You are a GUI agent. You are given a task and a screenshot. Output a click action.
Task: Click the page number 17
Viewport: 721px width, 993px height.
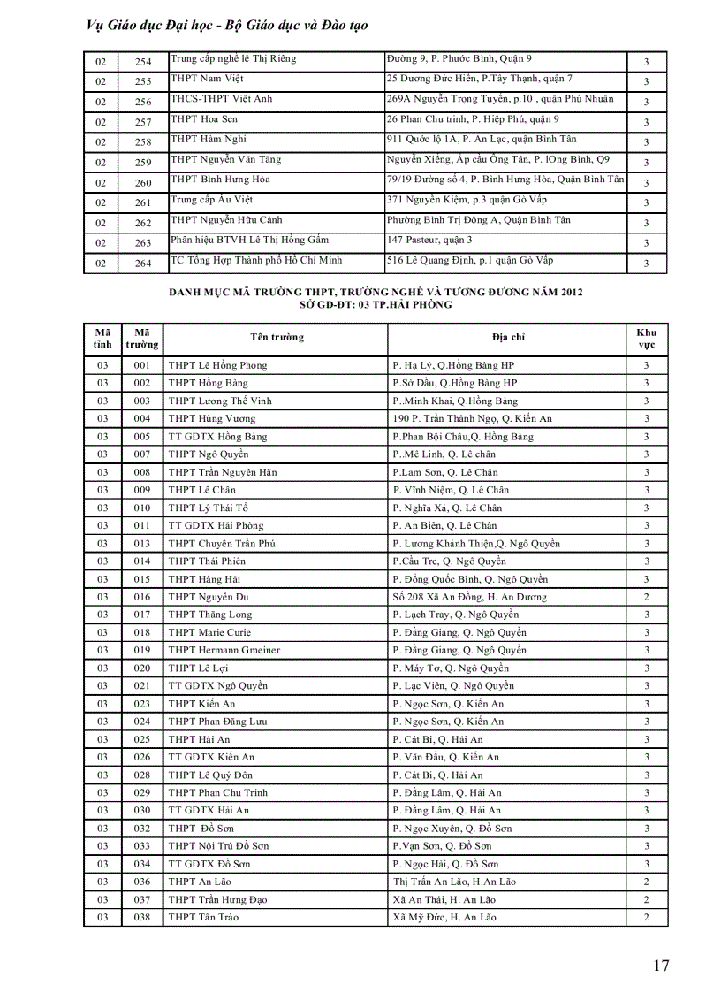coord(661,965)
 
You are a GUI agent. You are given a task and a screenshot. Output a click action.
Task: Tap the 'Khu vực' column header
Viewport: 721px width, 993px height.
coord(647,338)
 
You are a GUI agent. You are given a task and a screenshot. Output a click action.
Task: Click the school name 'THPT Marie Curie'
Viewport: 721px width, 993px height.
coord(209,632)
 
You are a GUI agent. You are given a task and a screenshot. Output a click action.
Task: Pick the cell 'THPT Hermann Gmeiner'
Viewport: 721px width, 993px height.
coord(224,650)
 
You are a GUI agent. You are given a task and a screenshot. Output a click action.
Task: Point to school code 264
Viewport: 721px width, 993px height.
coord(143,264)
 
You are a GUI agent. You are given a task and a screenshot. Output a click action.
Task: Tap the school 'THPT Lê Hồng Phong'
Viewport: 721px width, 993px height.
coord(217,365)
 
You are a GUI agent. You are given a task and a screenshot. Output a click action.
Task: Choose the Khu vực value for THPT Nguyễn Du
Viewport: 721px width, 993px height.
coord(647,597)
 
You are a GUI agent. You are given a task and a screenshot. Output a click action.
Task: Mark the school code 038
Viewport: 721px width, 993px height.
coord(142,917)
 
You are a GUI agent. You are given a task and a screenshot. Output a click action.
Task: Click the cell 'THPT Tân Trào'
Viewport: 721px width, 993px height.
coord(203,917)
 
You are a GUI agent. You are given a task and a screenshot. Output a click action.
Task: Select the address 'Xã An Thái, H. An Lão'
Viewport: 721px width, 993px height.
coord(444,899)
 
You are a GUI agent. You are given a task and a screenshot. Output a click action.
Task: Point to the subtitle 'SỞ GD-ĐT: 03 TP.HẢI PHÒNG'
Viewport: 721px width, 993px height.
coord(376,304)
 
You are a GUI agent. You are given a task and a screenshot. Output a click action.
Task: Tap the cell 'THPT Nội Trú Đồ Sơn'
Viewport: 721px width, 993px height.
coord(219,846)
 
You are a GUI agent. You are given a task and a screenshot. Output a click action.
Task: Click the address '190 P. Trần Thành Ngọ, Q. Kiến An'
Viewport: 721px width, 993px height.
coord(472,418)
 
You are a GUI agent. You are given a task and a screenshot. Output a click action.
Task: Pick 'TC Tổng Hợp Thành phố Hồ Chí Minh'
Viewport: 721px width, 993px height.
coord(256,260)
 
